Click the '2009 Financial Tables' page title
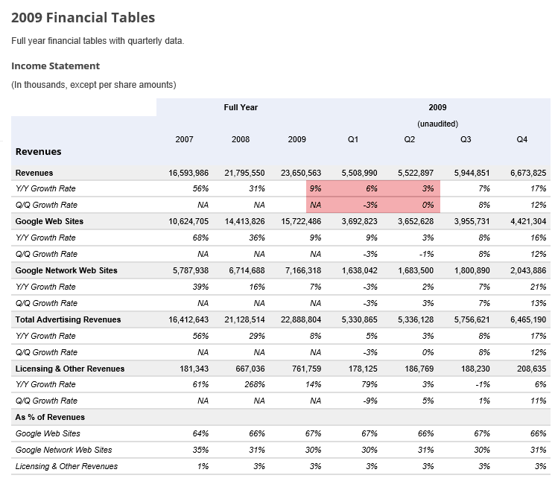83,17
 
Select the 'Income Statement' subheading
56,66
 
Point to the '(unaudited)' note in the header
437,124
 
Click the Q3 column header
466,139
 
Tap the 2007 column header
184,139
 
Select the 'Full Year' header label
241,107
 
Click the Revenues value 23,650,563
301,173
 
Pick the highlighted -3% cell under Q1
370,205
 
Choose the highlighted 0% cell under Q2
428,205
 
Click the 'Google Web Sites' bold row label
49,221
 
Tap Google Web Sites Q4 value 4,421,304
528,221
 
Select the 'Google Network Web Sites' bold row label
66,270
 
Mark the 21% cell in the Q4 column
538,287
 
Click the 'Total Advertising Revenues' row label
68,320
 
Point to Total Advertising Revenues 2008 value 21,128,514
244,320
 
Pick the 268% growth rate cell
255,384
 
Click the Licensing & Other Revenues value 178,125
359,369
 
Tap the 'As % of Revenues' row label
50,418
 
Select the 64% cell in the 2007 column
200,434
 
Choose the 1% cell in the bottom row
203,467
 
